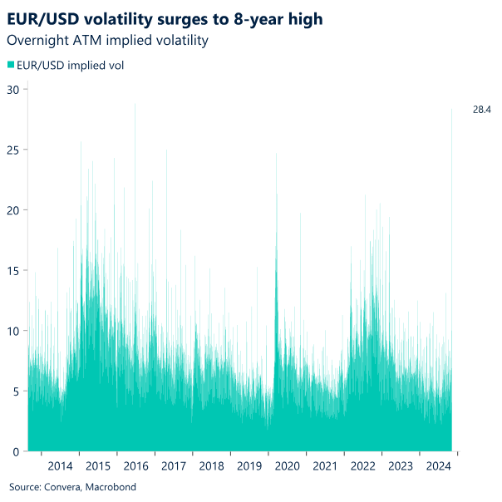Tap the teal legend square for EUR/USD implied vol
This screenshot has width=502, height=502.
click(11, 64)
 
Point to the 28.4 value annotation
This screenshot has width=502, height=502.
click(482, 109)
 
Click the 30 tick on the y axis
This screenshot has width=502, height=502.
click(14, 89)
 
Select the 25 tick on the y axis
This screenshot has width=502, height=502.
click(14, 150)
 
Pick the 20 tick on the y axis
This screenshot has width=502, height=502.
click(14, 210)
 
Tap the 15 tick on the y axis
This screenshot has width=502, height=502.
click(14, 270)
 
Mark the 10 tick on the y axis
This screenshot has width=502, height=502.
click(14, 331)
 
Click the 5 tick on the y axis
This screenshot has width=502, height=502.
click(17, 391)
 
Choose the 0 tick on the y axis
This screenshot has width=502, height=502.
click(17, 451)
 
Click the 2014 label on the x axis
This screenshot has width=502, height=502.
click(60, 466)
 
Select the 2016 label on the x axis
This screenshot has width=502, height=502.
click(135, 466)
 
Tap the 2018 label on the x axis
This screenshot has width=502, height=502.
click(211, 466)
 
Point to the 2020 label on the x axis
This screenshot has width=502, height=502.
click(287, 466)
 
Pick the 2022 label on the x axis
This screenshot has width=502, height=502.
click(362, 466)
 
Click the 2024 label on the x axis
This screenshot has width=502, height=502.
click(438, 466)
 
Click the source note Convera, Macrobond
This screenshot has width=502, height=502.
click(72, 487)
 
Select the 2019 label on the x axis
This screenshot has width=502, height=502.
click(249, 466)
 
